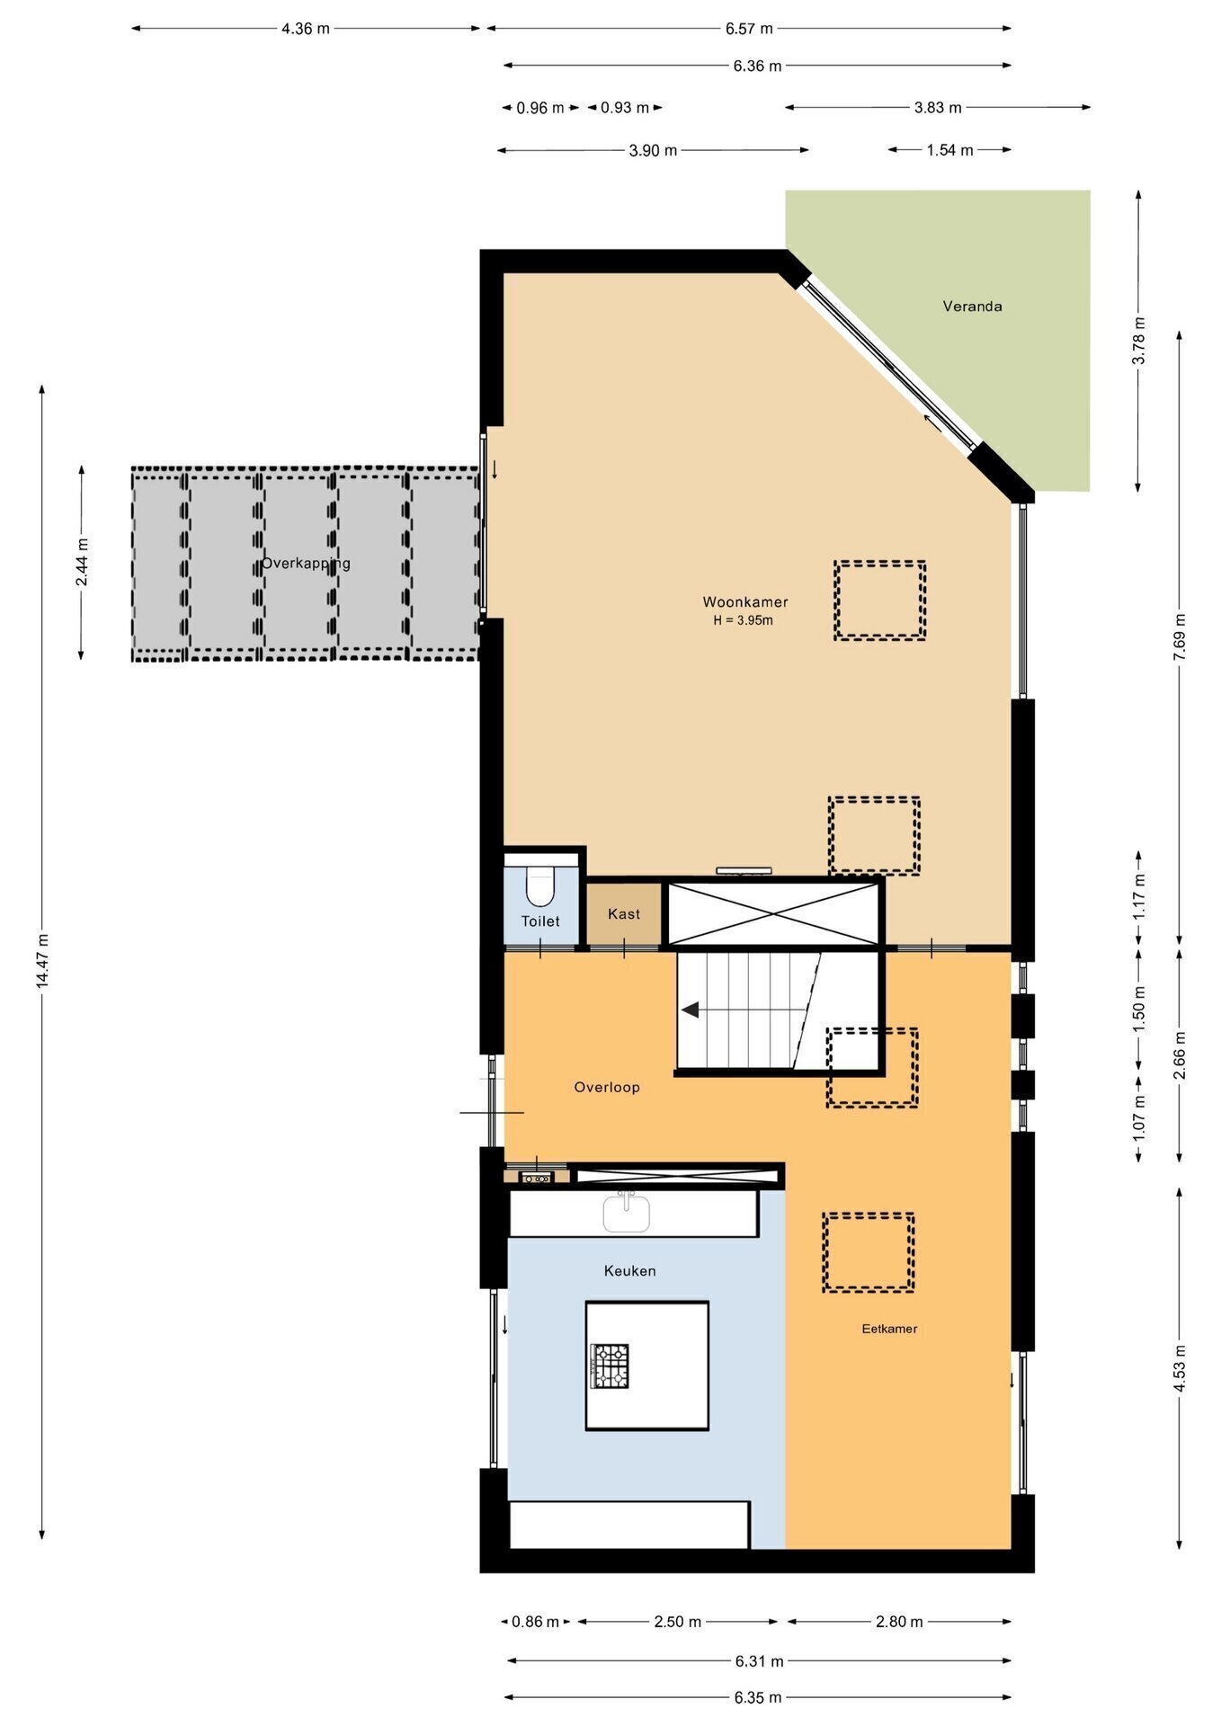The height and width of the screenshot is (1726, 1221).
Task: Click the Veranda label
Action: point(972,307)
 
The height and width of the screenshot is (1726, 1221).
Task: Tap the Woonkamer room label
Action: point(745,602)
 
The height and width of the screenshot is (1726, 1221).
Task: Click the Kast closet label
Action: point(624,914)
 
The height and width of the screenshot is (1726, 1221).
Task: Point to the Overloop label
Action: point(607,1088)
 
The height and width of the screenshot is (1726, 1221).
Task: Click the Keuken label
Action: point(629,1271)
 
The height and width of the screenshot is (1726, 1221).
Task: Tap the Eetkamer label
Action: point(889,1329)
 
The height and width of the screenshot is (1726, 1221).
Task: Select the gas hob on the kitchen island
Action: point(610,1366)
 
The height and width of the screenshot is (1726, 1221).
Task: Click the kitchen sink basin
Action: point(627,1213)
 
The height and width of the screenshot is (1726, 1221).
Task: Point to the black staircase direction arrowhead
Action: point(691,1010)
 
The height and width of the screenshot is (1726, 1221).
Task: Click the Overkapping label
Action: point(306,564)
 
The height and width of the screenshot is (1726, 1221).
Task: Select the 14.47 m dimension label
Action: point(42,962)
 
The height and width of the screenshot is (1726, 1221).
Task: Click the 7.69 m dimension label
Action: point(1180,636)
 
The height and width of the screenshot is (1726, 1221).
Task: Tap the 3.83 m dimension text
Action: point(938,108)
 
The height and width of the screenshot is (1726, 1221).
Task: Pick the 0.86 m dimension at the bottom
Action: point(535,1622)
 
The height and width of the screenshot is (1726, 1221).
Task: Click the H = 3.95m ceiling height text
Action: point(744,620)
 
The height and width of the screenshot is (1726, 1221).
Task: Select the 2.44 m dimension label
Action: point(82,563)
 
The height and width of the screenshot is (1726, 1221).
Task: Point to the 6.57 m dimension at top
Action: point(749,29)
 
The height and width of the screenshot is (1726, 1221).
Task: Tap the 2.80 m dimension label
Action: point(899,1622)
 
